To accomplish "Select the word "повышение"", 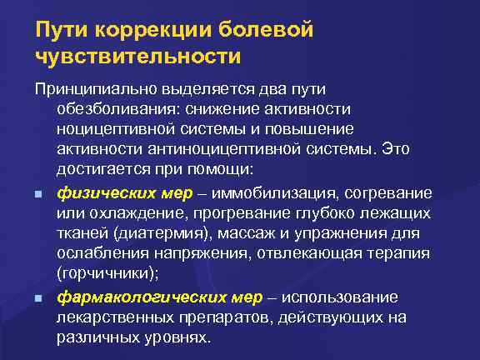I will coord(313,129).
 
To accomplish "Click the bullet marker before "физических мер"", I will coord(38,194).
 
